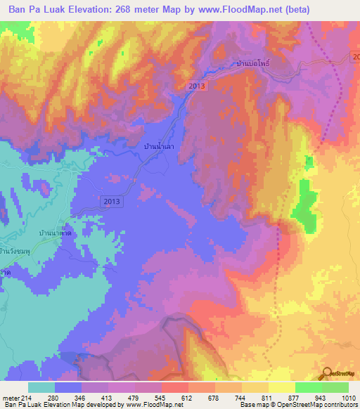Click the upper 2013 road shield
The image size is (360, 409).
[197, 86]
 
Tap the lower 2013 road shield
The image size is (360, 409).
[110, 202]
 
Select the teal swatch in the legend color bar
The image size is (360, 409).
[41, 387]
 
